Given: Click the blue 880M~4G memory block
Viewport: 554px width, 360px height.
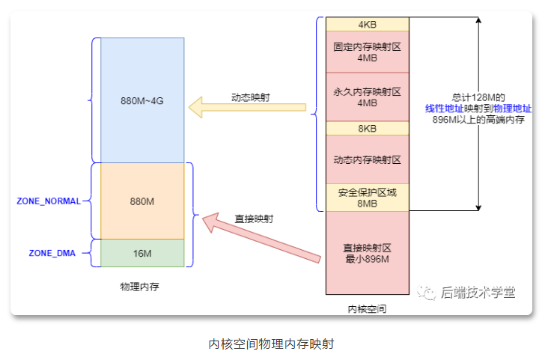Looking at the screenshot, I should click(141, 100).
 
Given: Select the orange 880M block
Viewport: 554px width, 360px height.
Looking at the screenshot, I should click(141, 201).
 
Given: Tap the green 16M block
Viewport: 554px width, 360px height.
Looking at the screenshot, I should click(141, 253).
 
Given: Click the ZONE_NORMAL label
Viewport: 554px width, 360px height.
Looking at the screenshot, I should click(48, 201).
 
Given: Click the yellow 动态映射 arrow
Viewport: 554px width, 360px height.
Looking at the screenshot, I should click(247, 109).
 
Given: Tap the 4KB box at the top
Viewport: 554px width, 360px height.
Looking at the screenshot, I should click(367, 24).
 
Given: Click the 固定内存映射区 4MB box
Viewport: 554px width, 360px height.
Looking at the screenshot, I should click(367, 52).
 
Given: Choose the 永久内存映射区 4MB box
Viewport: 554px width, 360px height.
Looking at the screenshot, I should click(367, 97).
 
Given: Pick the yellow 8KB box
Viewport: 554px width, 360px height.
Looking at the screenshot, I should click(367, 128).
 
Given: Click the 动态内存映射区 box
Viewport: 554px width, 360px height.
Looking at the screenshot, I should click(367, 159).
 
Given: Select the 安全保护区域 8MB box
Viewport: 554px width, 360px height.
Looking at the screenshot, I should click(367, 198).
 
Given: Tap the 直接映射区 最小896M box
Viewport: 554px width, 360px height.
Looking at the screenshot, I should click(367, 253).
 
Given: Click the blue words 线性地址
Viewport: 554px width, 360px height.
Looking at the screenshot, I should click(443, 109).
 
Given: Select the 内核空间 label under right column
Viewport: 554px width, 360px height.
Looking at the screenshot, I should click(367, 308).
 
